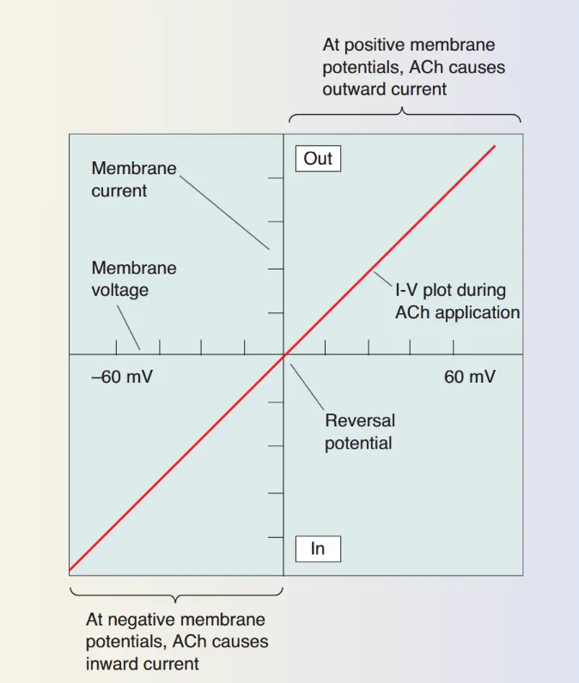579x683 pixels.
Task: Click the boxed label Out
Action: pyautogui.click(x=318, y=159)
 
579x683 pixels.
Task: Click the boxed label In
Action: pyautogui.click(x=318, y=548)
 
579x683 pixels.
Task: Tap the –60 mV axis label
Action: pyautogui.click(x=122, y=377)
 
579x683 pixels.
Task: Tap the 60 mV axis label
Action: pyautogui.click(x=469, y=377)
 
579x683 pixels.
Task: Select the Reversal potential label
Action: pyautogui.click(x=359, y=432)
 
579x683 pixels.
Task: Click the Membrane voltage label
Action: pyautogui.click(x=134, y=279)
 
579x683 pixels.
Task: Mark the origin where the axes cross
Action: pyautogui.click(x=284, y=354)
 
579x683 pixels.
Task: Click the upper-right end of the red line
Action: pyautogui.click(x=495, y=147)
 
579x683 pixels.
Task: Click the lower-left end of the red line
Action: pyautogui.click(x=70, y=570)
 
